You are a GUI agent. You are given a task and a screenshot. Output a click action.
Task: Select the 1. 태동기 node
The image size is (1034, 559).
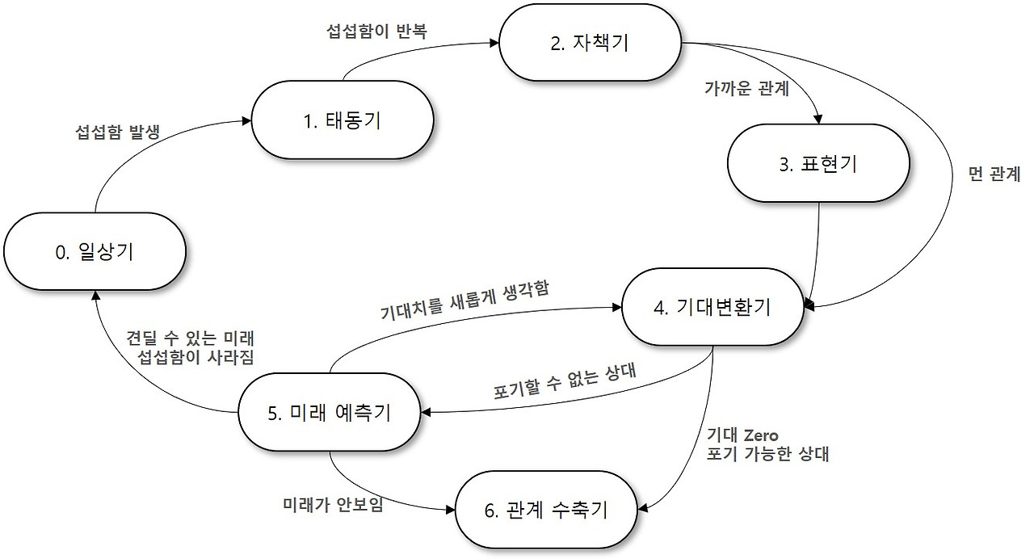pyautogui.click(x=343, y=121)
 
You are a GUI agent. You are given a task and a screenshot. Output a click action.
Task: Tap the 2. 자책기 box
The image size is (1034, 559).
pyautogui.click(x=590, y=43)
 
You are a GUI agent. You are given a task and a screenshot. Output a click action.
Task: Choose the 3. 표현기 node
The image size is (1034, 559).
pyautogui.click(x=818, y=164)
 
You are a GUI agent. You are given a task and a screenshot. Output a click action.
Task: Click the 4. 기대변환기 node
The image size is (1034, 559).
pyautogui.click(x=711, y=308)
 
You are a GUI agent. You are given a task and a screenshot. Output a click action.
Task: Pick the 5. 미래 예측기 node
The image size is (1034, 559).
pyautogui.click(x=329, y=413)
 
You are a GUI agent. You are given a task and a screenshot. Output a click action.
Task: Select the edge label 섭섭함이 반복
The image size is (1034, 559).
pyautogui.click(x=376, y=32)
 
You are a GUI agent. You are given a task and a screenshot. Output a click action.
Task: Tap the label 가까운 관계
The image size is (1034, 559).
pyautogui.click(x=746, y=88)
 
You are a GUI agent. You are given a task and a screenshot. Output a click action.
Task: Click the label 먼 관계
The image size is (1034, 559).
pyautogui.click(x=994, y=174)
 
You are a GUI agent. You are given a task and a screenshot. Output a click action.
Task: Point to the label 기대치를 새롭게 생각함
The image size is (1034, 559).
pyautogui.click(x=464, y=301)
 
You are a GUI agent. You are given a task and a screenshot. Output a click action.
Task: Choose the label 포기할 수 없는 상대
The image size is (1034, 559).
pyautogui.click(x=565, y=381)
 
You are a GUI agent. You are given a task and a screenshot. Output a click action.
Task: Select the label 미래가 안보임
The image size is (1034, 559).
pyautogui.click(x=333, y=504)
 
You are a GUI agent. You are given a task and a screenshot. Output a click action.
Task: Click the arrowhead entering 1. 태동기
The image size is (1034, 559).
pyautogui.click(x=245, y=121)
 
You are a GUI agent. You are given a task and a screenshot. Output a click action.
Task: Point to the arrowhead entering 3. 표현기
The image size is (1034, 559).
pyautogui.click(x=818, y=120)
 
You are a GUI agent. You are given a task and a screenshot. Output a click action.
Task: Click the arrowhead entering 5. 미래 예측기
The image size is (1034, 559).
pyautogui.click(x=426, y=413)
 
